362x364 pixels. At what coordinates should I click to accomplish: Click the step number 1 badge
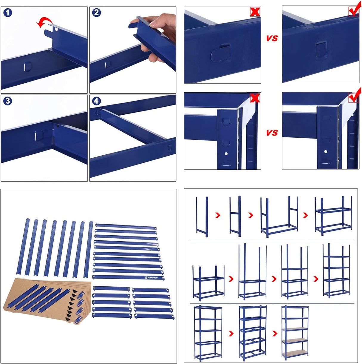tap(8, 13)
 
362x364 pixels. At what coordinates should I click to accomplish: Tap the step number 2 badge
tap(96, 13)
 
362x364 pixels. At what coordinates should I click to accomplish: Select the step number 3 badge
tap(8, 101)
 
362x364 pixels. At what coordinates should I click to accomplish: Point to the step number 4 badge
tap(96, 101)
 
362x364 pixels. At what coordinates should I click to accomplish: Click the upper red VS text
tap(272, 38)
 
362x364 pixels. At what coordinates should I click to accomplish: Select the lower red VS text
tap(272, 133)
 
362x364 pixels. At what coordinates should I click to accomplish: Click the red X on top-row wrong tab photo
tap(255, 12)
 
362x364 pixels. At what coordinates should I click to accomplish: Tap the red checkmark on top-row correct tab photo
tap(354, 11)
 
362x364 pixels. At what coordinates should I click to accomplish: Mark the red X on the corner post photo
tap(255, 98)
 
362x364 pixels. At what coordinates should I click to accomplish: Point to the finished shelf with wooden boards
tap(295, 331)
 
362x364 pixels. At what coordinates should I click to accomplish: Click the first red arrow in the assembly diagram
tap(218, 215)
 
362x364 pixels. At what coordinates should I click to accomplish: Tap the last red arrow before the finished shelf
tap(275, 333)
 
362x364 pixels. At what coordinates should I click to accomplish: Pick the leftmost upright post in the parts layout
tap(23, 246)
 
